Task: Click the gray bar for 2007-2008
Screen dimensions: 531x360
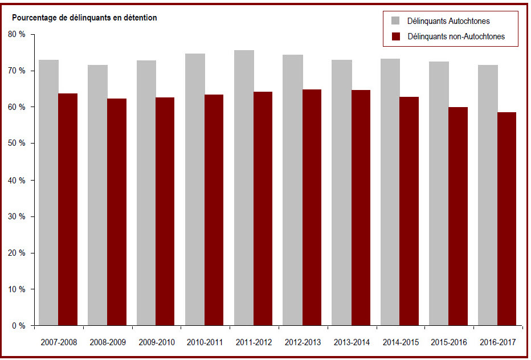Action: click(x=48, y=193)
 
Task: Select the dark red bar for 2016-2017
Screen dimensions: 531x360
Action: click(x=507, y=219)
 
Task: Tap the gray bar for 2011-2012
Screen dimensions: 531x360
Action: click(x=244, y=188)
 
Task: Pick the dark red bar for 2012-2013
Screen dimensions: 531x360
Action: click(x=312, y=207)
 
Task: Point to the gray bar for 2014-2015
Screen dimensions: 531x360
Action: click(x=390, y=192)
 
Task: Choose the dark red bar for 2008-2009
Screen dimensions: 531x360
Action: click(x=117, y=212)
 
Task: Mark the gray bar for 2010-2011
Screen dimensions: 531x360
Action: click(x=195, y=190)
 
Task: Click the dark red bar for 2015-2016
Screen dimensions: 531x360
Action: click(x=458, y=216)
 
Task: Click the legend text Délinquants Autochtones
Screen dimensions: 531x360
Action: click(x=448, y=21)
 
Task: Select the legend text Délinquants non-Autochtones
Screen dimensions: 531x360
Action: click(x=456, y=36)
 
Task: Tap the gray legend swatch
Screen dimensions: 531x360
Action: click(x=395, y=21)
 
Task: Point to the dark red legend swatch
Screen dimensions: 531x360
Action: click(x=395, y=36)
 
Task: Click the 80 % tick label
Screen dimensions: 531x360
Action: click(x=17, y=34)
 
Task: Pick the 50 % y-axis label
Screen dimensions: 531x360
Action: click(x=17, y=143)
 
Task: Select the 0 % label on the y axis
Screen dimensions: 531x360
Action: click(x=19, y=326)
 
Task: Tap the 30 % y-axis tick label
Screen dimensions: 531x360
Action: click(x=17, y=216)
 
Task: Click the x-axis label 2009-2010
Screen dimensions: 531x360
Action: click(x=157, y=342)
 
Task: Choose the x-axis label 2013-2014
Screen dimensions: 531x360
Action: click(x=352, y=342)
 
